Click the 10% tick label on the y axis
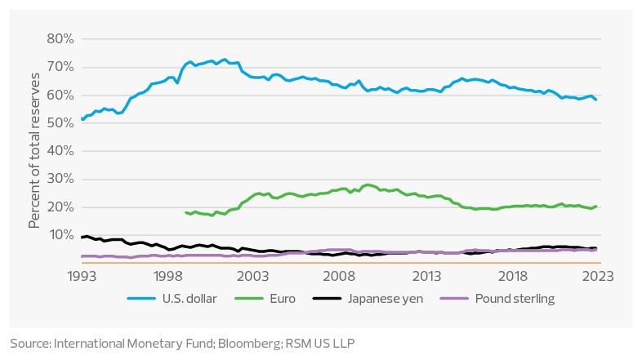61,235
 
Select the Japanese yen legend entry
390,298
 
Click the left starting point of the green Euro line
186,213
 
